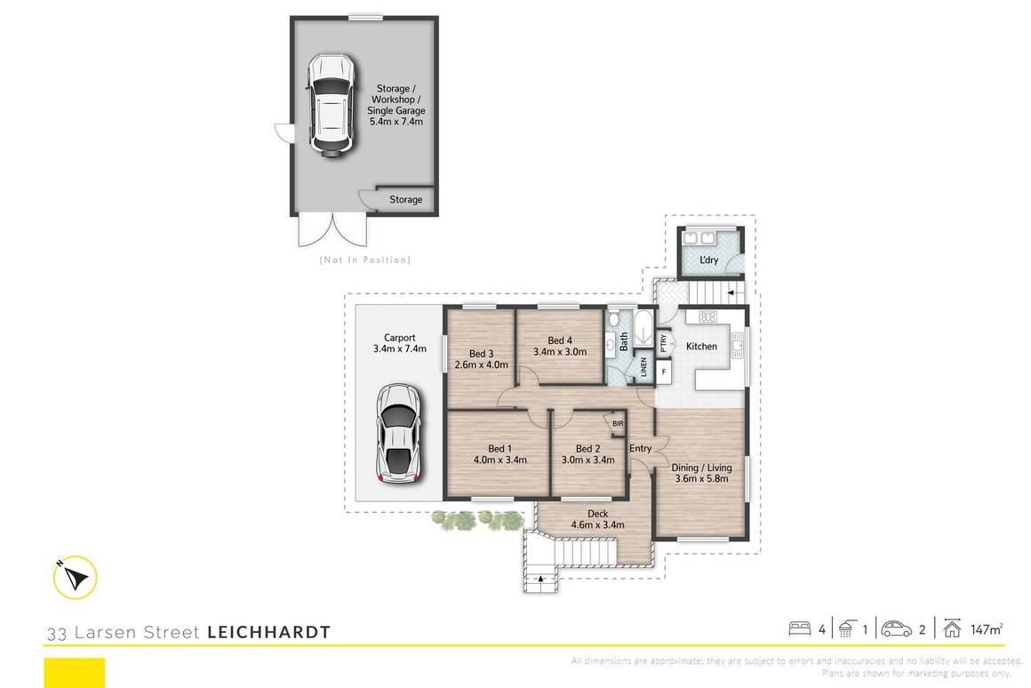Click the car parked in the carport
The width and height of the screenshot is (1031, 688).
point(397,435)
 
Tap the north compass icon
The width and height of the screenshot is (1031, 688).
point(74,578)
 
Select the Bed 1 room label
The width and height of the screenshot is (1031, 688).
point(500,448)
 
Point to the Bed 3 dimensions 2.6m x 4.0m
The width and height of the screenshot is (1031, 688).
point(480,364)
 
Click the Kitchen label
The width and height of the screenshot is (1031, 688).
point(700,346)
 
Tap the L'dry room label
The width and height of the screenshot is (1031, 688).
point(708,260)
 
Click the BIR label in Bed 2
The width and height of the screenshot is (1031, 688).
point(617,424)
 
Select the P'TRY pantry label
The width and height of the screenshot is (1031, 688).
point(663,342)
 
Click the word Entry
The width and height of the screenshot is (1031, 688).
point(641,449)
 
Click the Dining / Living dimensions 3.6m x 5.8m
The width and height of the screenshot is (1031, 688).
point(701,479)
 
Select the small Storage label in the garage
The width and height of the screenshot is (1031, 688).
point(406,200)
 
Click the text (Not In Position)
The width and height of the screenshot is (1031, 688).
point(364,260)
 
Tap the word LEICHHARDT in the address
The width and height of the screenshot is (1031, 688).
point(268,633)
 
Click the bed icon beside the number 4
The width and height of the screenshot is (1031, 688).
point(800,629)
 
